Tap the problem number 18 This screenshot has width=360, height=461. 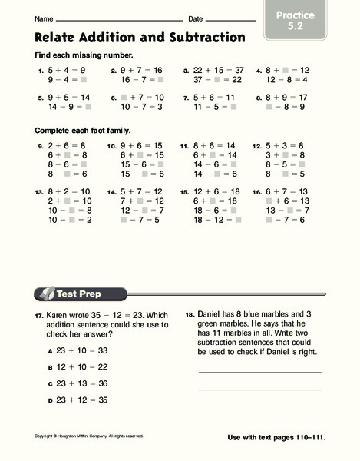coord(190,314)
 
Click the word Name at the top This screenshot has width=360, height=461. coord(44,18)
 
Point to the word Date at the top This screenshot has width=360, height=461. coord(196,18)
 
